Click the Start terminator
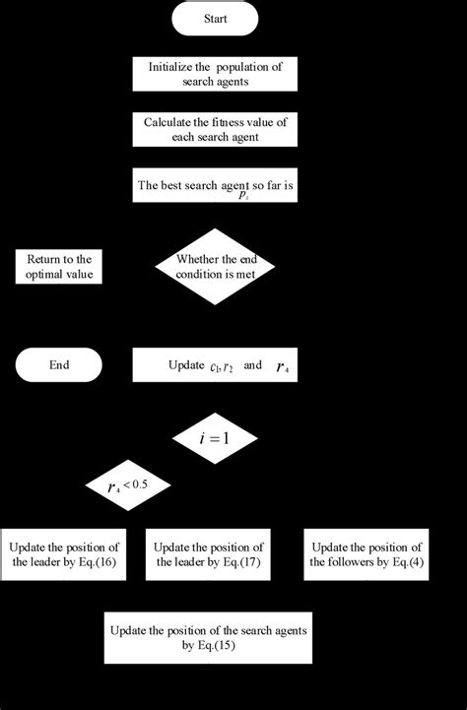pos(215,19)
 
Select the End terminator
pos(58,364)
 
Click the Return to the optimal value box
pos(58,266)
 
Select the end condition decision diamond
pos(214,266)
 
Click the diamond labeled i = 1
pos(214,437)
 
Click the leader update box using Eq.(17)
pos(207,554)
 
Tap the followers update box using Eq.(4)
pos(366,554)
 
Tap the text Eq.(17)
pos(242,562)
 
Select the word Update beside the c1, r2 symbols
pos(185,365)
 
